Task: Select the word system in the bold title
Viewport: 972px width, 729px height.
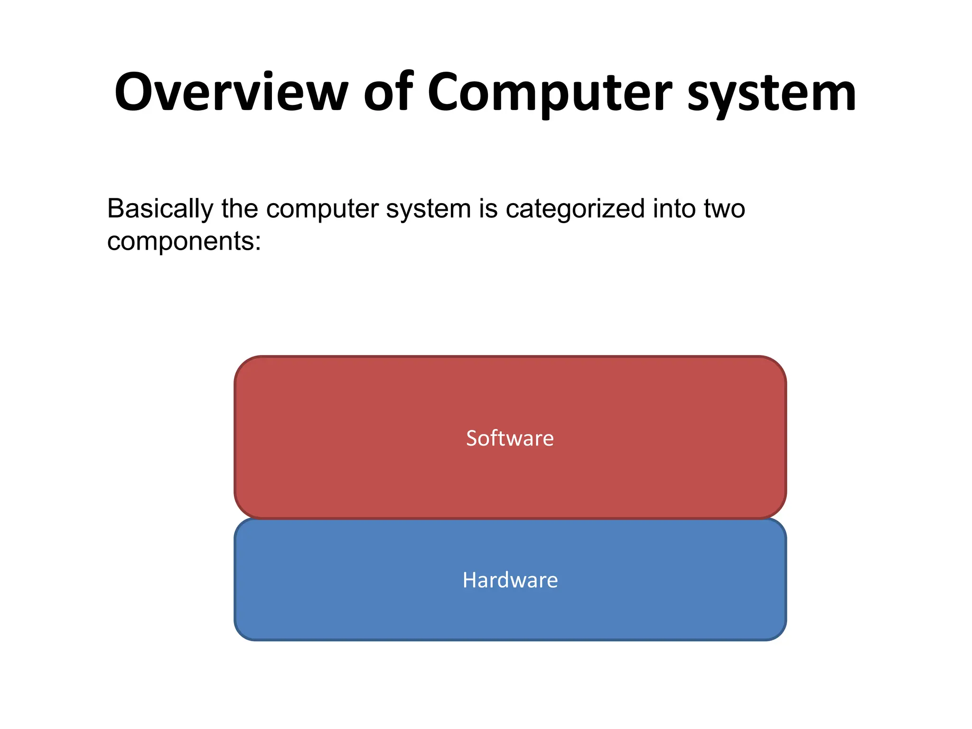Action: (x=772, y=95)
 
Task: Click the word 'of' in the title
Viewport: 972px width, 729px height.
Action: (x=388, y=92)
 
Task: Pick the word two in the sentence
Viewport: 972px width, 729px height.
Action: (x=724, y=209)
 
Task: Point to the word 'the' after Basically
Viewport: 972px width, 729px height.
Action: (x=240, y=209)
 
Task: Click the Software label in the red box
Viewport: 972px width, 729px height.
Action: (x=510, y=438)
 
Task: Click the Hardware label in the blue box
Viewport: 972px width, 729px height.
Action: (x=510, y=580)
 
